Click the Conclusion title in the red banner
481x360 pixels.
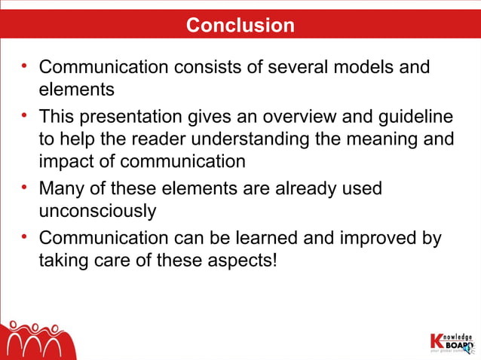point(240,25)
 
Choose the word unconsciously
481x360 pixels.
point(97,210)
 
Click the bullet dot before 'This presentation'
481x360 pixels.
point(25,115)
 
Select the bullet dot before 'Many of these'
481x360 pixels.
point(25,186)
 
